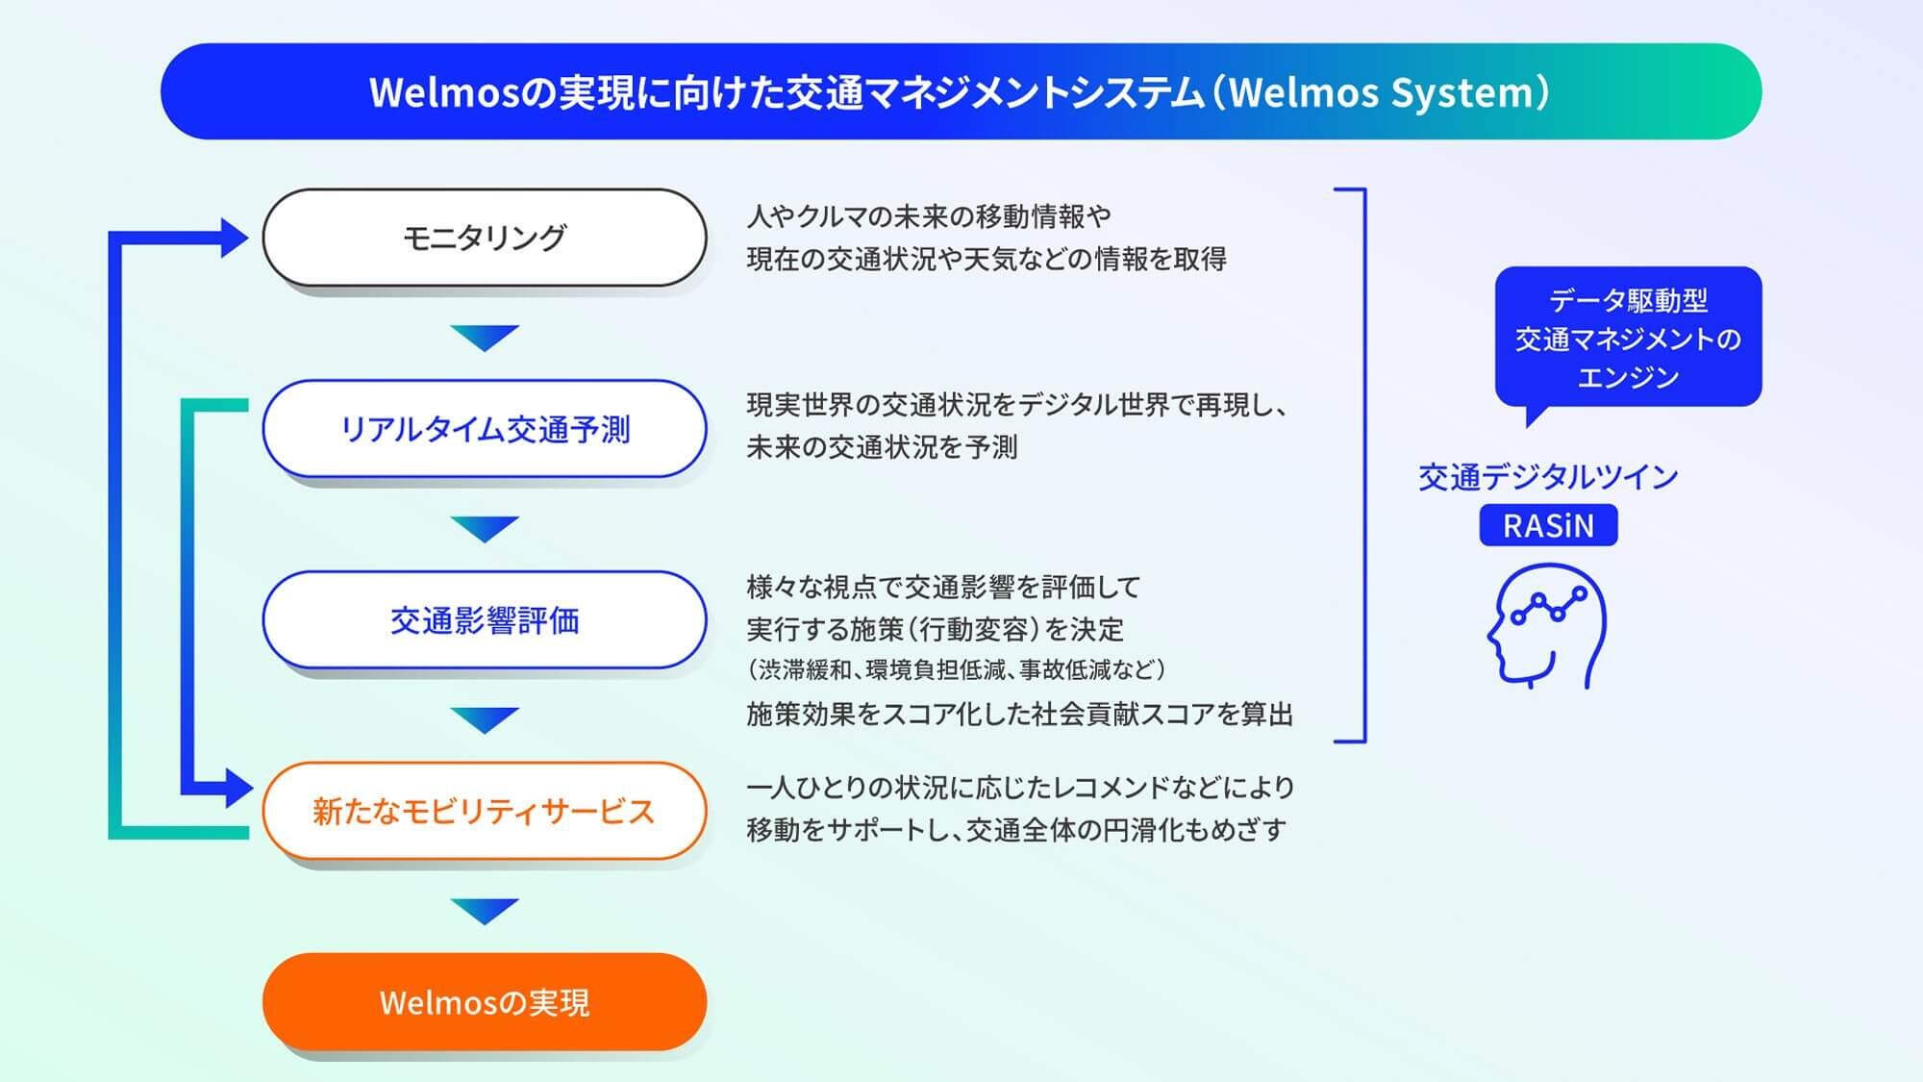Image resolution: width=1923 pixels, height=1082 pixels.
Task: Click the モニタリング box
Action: tap(485, 238)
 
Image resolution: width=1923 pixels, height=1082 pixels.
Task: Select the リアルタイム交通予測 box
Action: tap(485, 429)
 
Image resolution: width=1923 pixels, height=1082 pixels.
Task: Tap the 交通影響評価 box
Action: tap(485, 620)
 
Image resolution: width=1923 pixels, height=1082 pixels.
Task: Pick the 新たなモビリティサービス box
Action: tap(485, 811)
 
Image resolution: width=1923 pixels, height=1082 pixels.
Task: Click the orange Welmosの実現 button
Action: tap(485, 1002)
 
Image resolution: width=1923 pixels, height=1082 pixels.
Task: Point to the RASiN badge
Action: tap(1548, 525)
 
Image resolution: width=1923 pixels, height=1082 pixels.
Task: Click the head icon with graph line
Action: tap(1546, 626)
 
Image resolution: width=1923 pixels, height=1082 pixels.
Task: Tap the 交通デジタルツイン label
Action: tap(1548, 477)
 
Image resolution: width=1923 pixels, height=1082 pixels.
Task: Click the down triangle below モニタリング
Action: tap(485, 338)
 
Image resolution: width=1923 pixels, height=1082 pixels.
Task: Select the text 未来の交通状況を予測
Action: tap(882, 447)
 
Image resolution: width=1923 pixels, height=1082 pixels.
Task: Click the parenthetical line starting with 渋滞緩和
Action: tap(957, 669)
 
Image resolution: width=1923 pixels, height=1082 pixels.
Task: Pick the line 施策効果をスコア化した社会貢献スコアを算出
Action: tap(1020, 714)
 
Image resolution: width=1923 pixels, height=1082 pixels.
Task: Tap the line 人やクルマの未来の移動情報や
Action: tap(930, 216)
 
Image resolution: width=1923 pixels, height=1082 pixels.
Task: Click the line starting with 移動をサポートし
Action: tap(1016, 829)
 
